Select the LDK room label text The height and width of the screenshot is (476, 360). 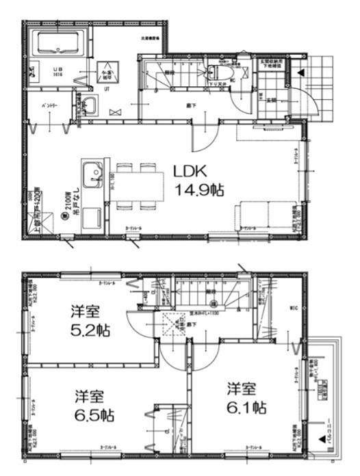tap(188, 171)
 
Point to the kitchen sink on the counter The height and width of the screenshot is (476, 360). tap(91, 171)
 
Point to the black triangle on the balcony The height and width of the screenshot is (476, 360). tap(322, 440)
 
